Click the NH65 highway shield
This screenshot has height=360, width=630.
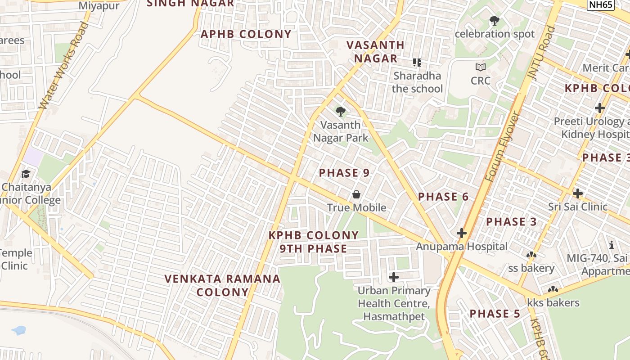click(x=601, y=4)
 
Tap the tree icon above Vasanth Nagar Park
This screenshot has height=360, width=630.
click(x=341, y=111)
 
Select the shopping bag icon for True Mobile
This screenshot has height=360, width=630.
click(x=356, y=194)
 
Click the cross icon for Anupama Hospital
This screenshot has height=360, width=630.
click(x=462, y=233)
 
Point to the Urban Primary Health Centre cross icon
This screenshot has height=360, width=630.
click(x=394, y=277)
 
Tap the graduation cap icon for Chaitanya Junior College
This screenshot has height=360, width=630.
click(x=26, y=174)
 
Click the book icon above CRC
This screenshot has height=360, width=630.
click(x=481, y=67)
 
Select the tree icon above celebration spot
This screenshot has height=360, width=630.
click(x=495, y=21)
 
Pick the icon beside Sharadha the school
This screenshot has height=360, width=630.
click(x=417, y=63)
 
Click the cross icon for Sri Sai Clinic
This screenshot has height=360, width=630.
click(x=578, y=193)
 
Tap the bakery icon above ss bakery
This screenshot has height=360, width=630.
click(x=531, y=255)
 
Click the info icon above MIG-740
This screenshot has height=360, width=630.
click(x=612, y=245)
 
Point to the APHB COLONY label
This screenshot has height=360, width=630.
click(x=246, y=34)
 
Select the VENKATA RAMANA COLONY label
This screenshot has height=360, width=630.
click(x=223, y=285)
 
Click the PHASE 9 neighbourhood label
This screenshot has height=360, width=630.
click(x=344, y=173)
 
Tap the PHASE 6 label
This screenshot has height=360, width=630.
click(x=443, y=197)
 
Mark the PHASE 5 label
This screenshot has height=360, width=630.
click(x=495, y=314)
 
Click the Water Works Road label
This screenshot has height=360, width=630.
click(x=64, y=65)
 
